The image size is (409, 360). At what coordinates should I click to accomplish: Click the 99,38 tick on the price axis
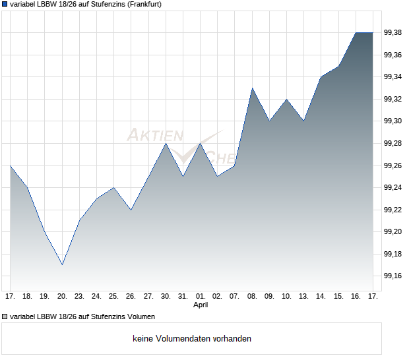[x=393, y=33]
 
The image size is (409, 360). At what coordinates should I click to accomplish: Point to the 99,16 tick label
[x=393, y=276]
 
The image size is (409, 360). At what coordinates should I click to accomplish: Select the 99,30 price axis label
[x=393, y=121]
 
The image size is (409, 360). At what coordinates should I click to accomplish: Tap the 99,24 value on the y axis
[x=393, y=187]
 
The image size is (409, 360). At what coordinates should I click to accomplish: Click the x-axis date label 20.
[x=62, y=297]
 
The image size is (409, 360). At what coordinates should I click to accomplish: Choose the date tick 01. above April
[x=201, y=297]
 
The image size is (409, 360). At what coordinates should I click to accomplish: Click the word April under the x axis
[x=201, y=305]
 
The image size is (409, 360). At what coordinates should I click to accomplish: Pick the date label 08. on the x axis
[x=252, y=297]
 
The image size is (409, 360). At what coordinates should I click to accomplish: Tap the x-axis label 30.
[x=166, y=297]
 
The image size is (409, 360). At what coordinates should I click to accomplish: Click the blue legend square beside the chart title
[x=5, y=4]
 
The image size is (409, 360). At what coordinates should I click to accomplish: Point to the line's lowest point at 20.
[x=62, y=264]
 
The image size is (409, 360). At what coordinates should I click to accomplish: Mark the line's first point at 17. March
[x=11, y=165]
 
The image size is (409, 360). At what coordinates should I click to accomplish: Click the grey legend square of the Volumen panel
[x=5, y=316]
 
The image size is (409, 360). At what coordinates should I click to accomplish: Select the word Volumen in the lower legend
[x=141, y=316]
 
